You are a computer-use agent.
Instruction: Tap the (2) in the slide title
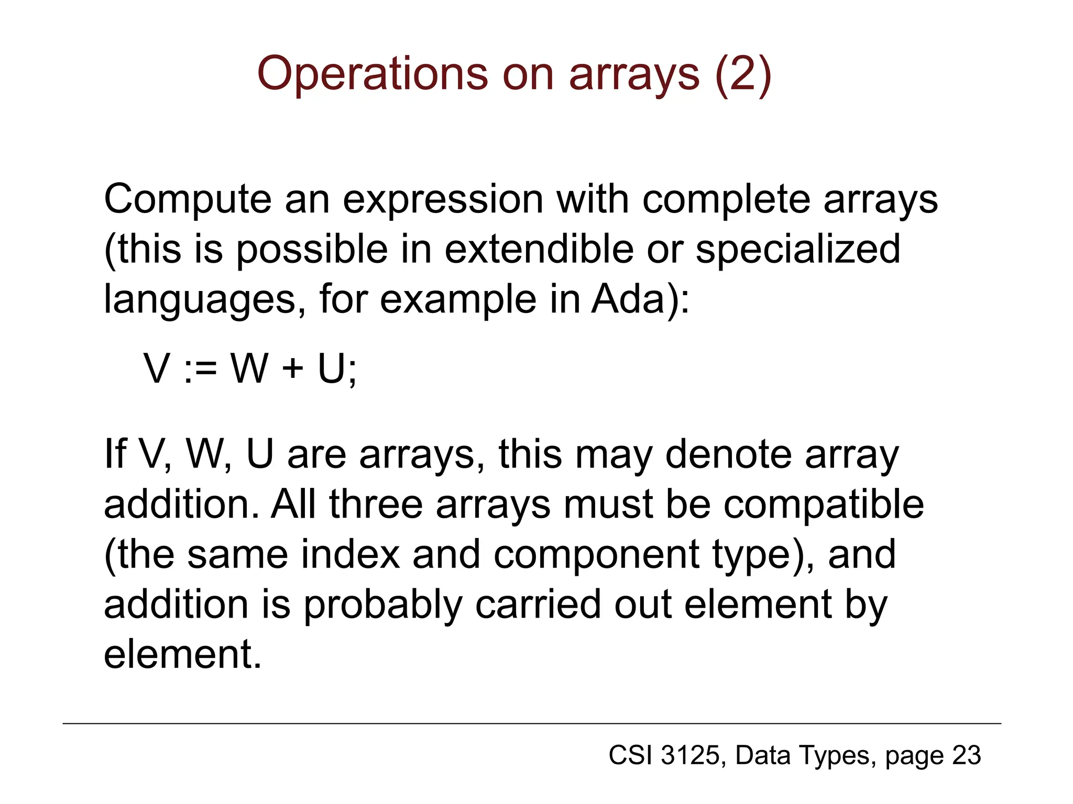743,74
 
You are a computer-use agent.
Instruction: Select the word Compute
188,199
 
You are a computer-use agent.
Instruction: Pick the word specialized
797,249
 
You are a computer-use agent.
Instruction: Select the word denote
728,454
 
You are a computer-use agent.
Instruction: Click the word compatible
824,504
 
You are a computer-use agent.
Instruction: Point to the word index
351,554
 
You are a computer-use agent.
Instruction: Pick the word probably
383,605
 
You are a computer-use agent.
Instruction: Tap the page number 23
966,755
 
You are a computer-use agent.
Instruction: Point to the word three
376,504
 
